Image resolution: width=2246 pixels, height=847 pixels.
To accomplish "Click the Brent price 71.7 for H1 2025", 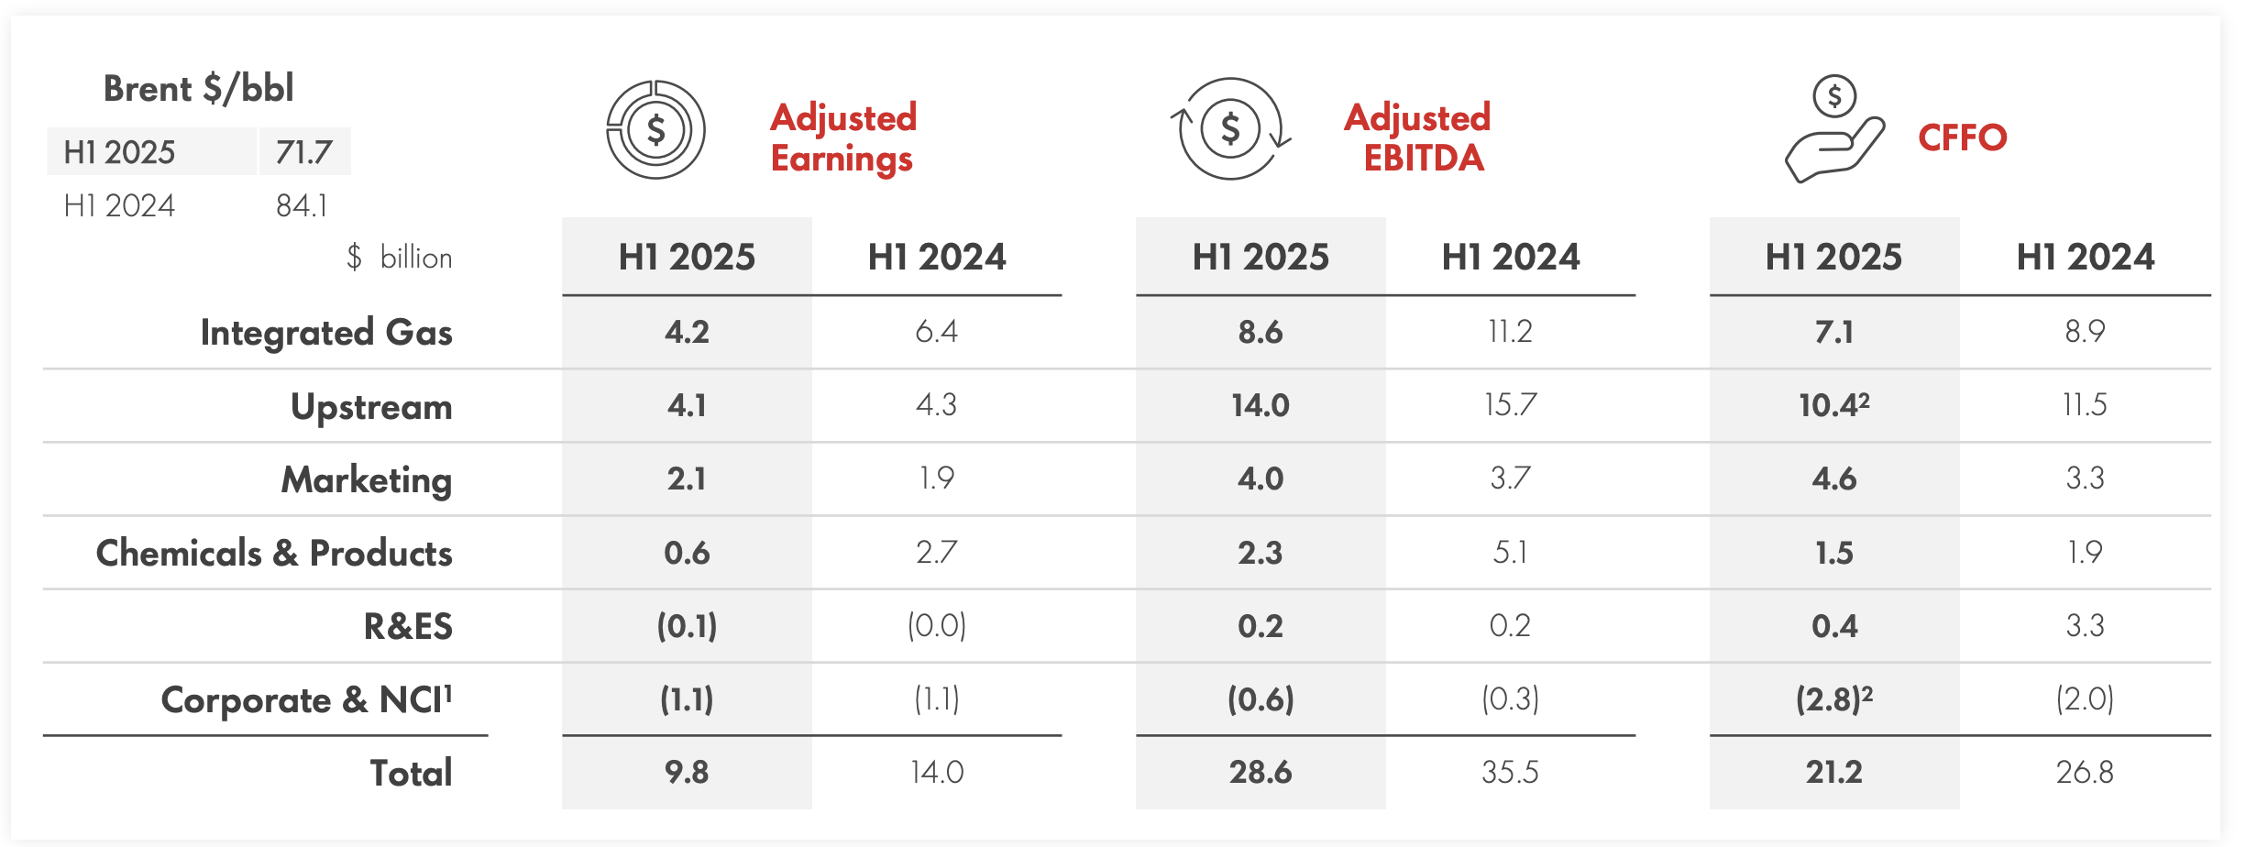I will [x=303, y=152].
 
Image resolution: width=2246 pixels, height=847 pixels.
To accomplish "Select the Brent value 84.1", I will [x=302, y=206].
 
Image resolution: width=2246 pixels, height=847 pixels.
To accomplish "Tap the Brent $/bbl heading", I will [x=198, y=89].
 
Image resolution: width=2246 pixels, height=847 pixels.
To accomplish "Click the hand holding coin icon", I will [x=1834, y=130].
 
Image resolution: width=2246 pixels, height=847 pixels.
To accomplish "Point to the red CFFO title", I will [x=1963, y=138].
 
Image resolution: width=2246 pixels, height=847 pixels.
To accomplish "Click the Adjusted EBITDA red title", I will [x=1418, y=137].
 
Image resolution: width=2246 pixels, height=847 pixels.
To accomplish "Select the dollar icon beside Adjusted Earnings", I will [x=655, y=130].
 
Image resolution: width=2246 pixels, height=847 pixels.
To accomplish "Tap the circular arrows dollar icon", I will [x=1230, y=129].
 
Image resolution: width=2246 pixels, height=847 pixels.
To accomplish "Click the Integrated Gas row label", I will [x=326, y=333].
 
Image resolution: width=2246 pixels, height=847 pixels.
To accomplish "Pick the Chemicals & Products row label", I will [x=274, y=554].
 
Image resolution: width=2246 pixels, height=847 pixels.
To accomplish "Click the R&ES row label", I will [x=408, y=627].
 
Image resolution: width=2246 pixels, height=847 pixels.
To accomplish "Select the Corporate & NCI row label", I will [x=307, y=700].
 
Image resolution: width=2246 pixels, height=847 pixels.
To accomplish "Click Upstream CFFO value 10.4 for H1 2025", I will [x=1833, y=405].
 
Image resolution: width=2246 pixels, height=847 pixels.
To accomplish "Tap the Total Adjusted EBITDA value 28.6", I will [x=1261, y=773].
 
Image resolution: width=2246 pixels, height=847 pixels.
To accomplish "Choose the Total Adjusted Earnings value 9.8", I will [x=687, y=773].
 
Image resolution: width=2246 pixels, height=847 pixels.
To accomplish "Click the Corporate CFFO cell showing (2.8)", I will [x=1833, y=700].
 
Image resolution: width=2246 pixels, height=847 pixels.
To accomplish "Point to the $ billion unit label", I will [x=400, y=258].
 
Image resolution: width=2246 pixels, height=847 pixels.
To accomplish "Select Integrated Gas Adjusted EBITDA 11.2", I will [x=1510, y=332].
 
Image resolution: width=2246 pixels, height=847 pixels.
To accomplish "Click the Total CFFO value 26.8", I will [x=2085, y=773].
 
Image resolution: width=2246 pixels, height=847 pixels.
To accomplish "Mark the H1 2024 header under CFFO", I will [x=2085, y=258].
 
